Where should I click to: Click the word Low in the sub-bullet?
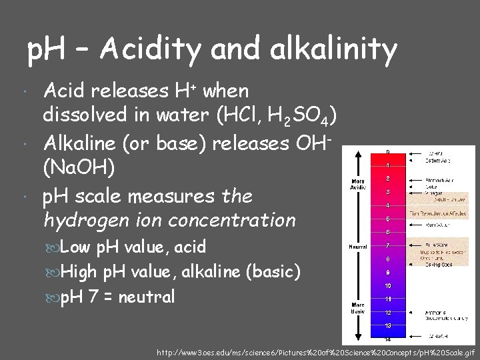point(76,247)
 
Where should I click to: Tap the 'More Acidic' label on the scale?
point(358,184)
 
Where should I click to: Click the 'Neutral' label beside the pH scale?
point(357,246)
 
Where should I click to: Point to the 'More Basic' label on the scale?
point(358,308)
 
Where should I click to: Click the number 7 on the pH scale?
point(387,245)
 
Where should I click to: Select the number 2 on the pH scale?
point(387,179)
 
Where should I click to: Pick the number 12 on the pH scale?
point(387,312)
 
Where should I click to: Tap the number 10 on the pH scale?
point(387,285)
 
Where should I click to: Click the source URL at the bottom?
point(315,351)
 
